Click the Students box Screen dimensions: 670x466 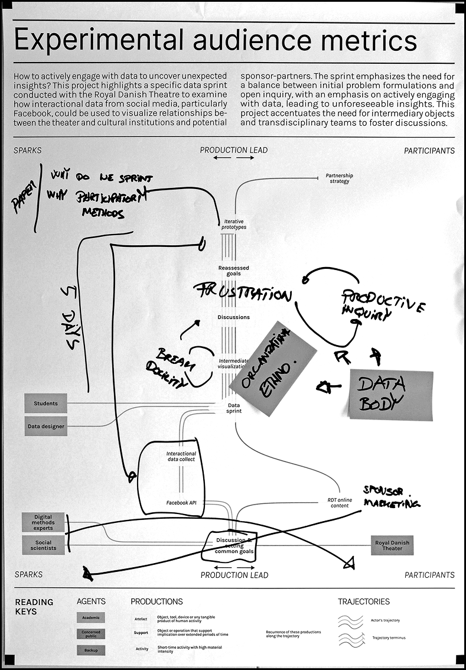pos(45,404)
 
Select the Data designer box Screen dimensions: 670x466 pos(45,426)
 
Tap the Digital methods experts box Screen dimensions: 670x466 pos(43,522)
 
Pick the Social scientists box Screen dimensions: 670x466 pos(43,545)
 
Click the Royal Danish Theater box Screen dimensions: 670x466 pos(392,545)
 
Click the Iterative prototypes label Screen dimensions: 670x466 pos(234,224)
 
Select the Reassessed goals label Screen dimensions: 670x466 pos(234,271)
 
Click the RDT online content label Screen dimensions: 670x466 pos(340,502)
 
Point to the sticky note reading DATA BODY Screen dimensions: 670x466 pos(390,395)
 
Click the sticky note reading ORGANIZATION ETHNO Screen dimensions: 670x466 pos(272,368)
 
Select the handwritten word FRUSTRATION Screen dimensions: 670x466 pos(243,293)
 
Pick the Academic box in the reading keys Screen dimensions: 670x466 pos(90,617)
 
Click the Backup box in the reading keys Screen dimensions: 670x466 pos(90,650)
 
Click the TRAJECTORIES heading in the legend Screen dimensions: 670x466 pos(363,601)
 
